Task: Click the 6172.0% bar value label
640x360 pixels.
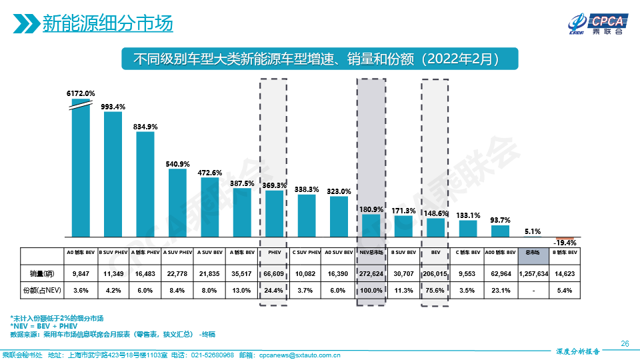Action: tap(80, 93)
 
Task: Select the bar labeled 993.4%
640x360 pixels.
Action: tap(113, 173)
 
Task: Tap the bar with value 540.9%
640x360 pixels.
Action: tap(177, 203)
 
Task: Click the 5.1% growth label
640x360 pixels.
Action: tap(532, 231)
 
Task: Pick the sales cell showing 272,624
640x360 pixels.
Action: tap(371, 273)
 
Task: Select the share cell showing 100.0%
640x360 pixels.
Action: tap(371, 290)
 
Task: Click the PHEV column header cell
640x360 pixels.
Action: tap(273, 253)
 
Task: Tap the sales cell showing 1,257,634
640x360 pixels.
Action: tap(533, 273)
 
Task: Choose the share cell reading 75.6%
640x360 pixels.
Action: tap(435, 290)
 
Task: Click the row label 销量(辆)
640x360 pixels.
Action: tap(41, 273)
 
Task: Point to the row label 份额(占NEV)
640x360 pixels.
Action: tap(41, 290)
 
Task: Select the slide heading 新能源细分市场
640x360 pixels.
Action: tap(107, 23)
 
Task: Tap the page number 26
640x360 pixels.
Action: tap(625, 343)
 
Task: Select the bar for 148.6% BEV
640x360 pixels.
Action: tap(435, 227)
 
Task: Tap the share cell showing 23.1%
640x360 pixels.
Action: tap(500, 290)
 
